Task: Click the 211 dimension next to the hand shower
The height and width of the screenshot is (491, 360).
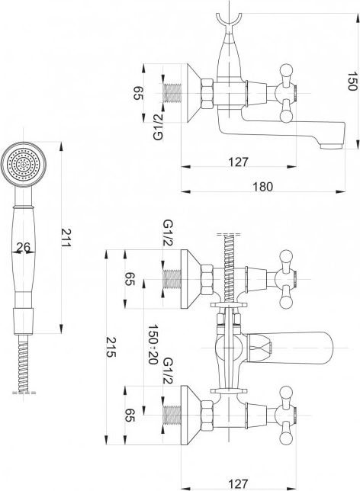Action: click(66, 238)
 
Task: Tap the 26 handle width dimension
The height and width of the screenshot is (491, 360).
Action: click(24, 247)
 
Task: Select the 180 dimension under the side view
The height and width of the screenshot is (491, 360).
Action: click(263, 187)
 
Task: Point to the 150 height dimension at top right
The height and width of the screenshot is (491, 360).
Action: click(352, 81)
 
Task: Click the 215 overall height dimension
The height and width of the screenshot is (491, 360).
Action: click(111, 347)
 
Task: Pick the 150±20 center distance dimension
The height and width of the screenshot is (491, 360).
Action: click(153, 344)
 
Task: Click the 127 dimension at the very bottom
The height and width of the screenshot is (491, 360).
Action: click(238, 484)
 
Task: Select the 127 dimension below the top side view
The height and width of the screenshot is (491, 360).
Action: click(238, 162)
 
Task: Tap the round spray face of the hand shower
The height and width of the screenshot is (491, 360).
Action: click(24, 165)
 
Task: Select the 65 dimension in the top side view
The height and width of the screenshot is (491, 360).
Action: click(138, 93)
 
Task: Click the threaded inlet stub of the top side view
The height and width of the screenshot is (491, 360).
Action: click(172, 93)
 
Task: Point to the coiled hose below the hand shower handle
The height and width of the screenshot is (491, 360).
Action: click(24, 363)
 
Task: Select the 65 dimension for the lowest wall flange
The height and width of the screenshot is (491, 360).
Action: click(130, 416)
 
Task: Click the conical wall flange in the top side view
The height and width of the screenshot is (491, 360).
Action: click(194, 93)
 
